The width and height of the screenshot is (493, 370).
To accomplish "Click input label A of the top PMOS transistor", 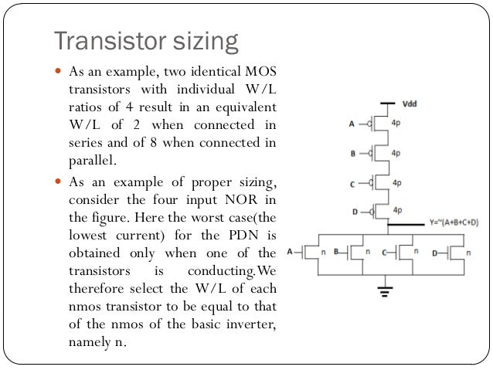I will pos(353,123).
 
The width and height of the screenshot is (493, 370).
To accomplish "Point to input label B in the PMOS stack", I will pos(352,153).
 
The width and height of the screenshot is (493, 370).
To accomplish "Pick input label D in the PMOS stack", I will pos(352,210).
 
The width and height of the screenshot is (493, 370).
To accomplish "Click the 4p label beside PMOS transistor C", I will pos(396,183).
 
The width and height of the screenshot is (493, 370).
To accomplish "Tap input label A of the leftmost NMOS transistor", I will pos(290,251).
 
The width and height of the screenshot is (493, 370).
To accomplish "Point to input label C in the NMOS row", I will pos(384,251).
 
